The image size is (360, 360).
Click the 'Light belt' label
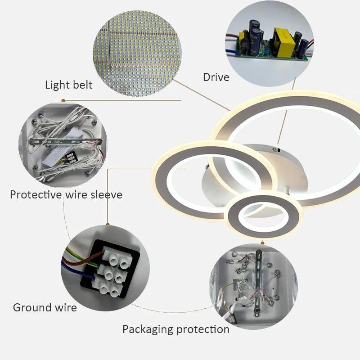pos(69,85)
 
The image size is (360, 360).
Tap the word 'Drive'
pos(216,77)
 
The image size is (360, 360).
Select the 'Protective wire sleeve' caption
pos(66,195)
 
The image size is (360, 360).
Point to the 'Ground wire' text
pos(45,307)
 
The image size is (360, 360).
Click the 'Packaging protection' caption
pos(176,329)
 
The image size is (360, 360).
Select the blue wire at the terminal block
pos(77,273)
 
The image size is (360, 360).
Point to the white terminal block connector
pos(112,272)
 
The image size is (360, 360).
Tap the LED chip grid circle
pos(137,53)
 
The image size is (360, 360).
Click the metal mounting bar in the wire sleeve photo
pos(65,142)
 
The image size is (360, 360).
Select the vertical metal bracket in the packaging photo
pos(258,283)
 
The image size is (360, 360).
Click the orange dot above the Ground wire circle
pos(108,224)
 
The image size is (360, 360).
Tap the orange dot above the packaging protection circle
pos(263,243)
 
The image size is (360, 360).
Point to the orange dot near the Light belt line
pos(63,100)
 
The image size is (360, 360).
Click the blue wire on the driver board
pos(233,52)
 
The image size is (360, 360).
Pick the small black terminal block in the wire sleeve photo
pos(70,158)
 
